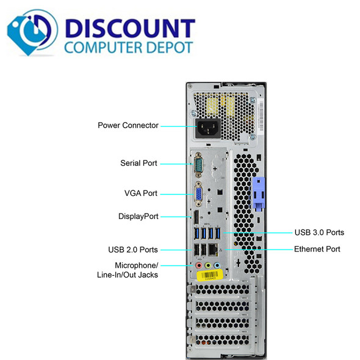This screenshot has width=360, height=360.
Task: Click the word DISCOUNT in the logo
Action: (x=130, y=28)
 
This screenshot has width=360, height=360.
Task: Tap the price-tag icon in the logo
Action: (x=32, y=32)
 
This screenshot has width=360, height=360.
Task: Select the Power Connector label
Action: (x=128, y=125)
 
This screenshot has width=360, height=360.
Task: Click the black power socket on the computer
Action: (x=208, y=128)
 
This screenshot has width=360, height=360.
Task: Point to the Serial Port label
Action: (x=139, y=164)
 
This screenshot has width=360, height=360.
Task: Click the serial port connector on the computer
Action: (x=198, y=164)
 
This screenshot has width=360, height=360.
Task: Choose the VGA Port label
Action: (x=141, y=193)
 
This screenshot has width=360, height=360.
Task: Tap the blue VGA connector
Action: (x=198, y=194)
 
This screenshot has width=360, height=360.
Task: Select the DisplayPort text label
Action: (x=139, y=216)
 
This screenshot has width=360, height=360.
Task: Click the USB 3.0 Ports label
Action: (x=319, y=232)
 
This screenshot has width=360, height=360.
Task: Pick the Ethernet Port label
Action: (x=317, y=249)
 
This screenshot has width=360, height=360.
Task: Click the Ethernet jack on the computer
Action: (x=213, y=250)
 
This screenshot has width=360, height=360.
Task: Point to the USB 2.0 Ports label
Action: (x=133, y=250)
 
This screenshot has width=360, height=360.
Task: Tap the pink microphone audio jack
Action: (x=199, y=265)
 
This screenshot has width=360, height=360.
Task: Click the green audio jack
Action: (x=208, y=265)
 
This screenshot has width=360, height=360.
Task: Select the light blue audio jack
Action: (x=217, y=265)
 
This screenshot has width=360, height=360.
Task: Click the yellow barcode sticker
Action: (x=210, y=275)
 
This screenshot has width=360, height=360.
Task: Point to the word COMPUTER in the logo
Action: (x=104, y=48)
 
